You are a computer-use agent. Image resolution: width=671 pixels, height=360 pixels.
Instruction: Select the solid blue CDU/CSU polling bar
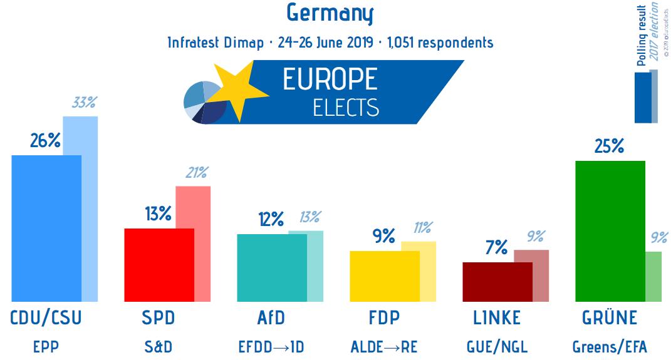tap(46, 229)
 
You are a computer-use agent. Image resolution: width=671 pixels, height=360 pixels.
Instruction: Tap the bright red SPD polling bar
tap(159, 265)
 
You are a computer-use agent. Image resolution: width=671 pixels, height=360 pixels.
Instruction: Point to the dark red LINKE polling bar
tap(497, 282)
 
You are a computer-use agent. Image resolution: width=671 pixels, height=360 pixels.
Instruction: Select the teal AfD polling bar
tap(271, 268)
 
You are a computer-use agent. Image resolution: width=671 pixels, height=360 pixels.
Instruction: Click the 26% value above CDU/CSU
tap(45, 141)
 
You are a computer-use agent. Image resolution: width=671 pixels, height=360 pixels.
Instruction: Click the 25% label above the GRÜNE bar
tap(609, 147)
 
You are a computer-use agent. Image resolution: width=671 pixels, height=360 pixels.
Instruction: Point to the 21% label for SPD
tap(195, 173)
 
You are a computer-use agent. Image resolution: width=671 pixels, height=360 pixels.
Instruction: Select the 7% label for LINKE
tap(496, 248)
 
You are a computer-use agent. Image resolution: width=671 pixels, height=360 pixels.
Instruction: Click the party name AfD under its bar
tap(271, 318)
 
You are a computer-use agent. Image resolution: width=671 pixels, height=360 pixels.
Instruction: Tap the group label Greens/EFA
tap(610, 346)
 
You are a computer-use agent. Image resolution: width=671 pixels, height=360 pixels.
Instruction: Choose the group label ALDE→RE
tap(384, 346)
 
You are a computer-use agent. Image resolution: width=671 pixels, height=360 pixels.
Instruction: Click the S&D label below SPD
tap(159, 346)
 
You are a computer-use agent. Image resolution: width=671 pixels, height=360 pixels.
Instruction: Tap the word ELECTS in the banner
tap(346, 108)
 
